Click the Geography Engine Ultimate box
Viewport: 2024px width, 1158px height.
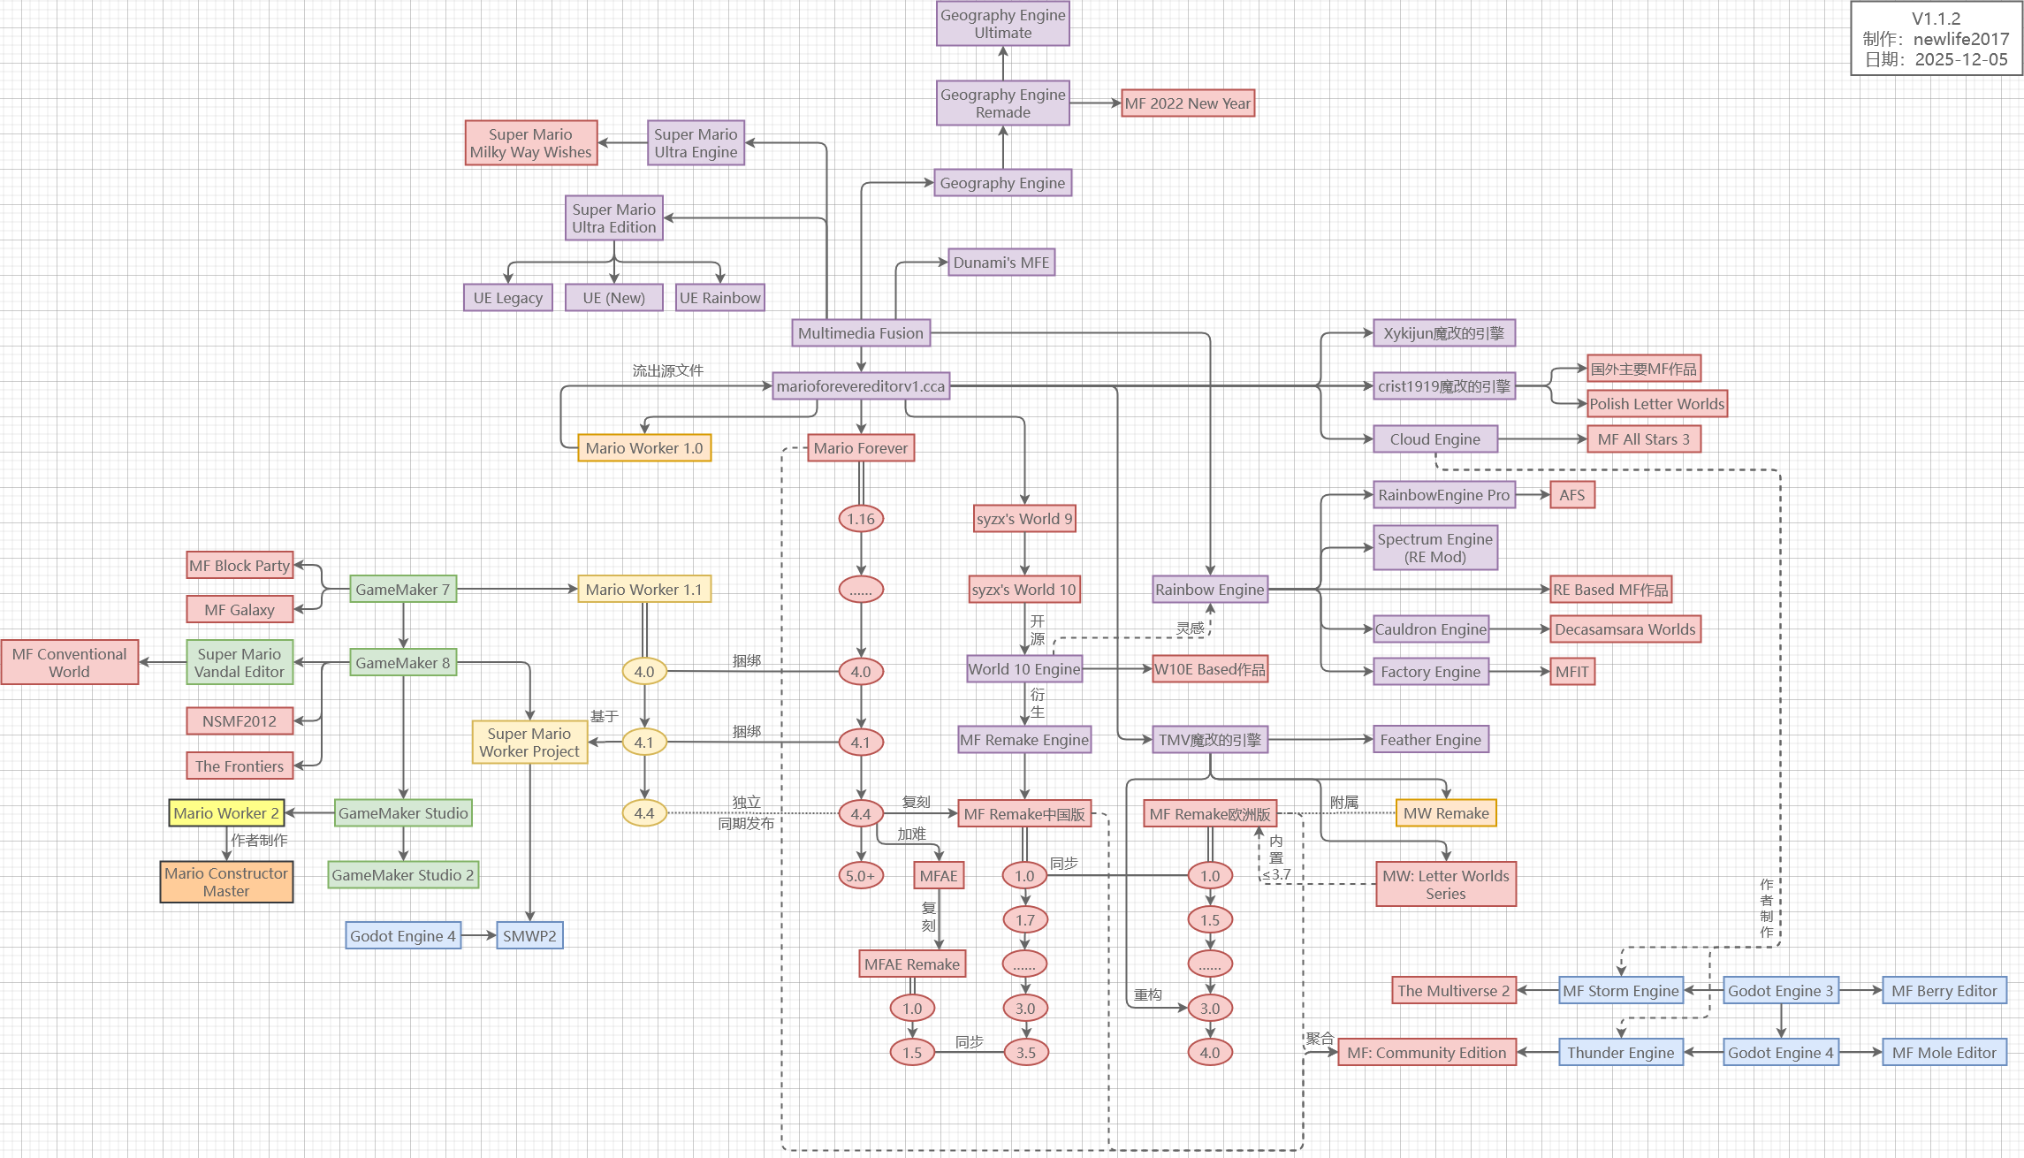(x=1002, y=24)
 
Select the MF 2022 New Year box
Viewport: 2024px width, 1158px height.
(x=1187, y=103)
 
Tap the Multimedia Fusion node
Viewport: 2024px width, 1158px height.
(x=860, y=333)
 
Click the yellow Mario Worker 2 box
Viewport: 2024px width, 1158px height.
(x=226, y=813)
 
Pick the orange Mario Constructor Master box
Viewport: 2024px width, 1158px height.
(x=226, y=882)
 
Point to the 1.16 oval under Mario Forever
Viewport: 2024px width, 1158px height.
(x=860, y=519)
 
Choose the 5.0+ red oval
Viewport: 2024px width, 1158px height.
(x=860, y=876)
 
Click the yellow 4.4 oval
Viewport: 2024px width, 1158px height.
(x=644, y=813)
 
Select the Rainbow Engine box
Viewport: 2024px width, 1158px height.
(x=1209, y=590)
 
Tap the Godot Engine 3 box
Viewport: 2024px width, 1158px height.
(x=1780, y=991)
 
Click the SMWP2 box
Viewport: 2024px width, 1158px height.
(x=529, y=936)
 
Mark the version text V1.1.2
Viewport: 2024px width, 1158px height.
(x=1936, y=19)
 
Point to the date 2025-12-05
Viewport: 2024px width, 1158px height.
(x=1961, y=60)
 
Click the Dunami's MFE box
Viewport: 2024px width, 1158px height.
(x=1001, y=263)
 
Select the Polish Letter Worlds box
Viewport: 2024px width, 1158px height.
(x=1656, y=404)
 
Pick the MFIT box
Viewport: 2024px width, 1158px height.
(x=1572, y=672)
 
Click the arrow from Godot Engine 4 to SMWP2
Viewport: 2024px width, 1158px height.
(x=478, y=935)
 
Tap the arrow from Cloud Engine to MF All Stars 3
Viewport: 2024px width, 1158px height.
(x=1542, y=439)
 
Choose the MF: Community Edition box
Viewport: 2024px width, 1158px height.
(x=1427, y=1053)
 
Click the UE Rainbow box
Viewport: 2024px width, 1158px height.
(x=719, y=298)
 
